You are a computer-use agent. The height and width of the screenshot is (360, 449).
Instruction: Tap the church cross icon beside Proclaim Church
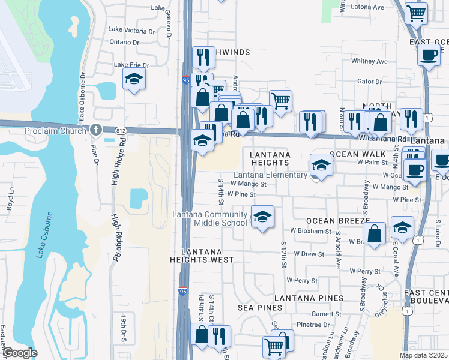coord(96,130)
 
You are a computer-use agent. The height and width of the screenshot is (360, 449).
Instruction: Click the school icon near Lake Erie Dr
coord(134,79)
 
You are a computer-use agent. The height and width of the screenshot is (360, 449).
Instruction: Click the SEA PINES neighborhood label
coord(260,308)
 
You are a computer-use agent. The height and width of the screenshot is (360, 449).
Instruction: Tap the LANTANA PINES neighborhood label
coord(309,298)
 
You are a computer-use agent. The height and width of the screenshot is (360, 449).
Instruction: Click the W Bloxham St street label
coord(310,230)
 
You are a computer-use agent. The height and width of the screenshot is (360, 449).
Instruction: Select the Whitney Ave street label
coord(369,61)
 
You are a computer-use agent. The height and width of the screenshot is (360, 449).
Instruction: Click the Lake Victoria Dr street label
coord(132,29)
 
